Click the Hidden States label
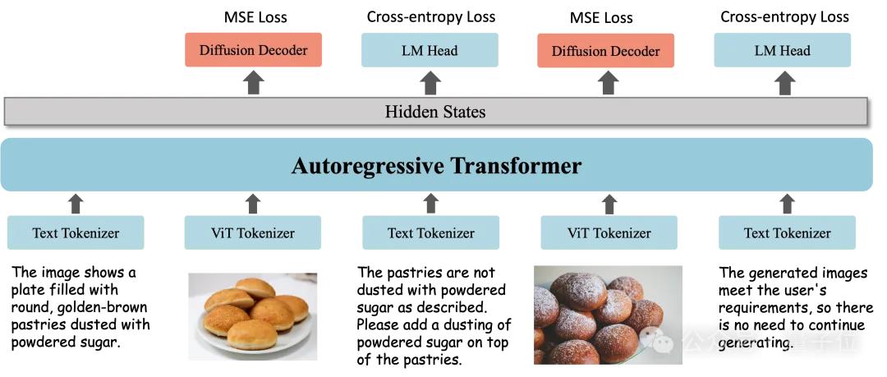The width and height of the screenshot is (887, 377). pos(435,112)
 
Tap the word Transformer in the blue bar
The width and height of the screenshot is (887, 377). pos(517,166)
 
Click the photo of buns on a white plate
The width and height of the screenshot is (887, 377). pos(252,316)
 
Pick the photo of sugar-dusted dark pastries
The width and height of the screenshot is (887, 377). pos(608,315)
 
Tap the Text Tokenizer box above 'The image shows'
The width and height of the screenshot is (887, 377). pos(76,233)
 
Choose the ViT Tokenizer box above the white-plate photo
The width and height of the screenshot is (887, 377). pos(252,233)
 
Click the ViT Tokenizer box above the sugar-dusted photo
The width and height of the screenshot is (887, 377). pos(609,233)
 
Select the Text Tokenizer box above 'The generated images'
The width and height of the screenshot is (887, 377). pos(787,233)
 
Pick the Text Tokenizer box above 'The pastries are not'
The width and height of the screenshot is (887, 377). pos(431,233)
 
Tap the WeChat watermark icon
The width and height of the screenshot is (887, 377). pos(660,338)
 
